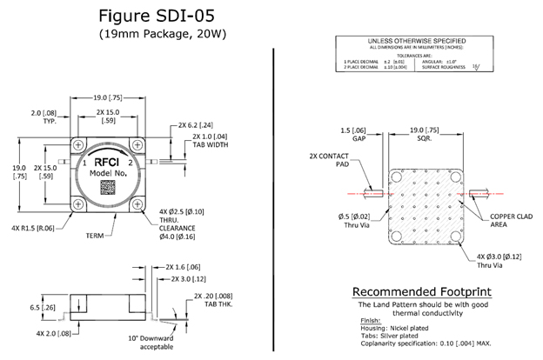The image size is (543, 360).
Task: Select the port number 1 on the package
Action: coord(84,163)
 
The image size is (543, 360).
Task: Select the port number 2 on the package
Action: coord(131,163)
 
